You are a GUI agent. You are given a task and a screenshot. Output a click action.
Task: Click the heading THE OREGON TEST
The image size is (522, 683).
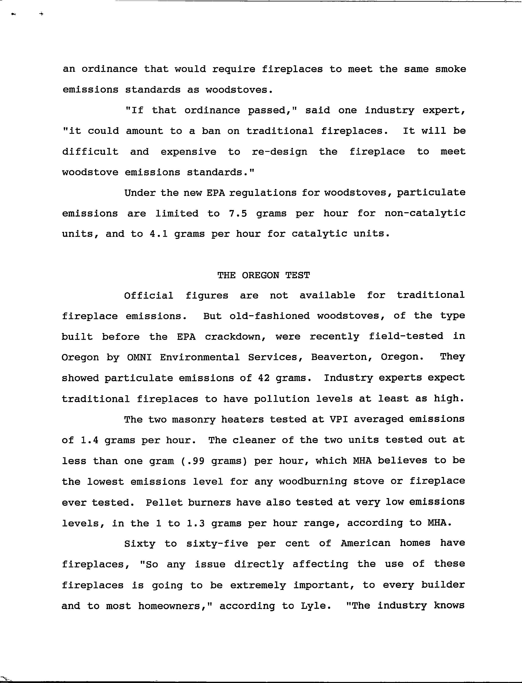[x=263, y=275]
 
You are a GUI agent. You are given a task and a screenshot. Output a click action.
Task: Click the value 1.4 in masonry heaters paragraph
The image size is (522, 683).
[x=89, y=440]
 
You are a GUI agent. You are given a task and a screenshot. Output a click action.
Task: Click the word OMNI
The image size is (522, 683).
[x=140, y=357]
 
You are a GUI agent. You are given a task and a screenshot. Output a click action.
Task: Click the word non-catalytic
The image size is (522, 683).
[x=425, y=214]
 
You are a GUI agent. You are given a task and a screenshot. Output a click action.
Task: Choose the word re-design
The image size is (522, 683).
[x=279, y=152]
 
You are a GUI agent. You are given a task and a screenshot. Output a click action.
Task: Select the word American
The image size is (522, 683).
[x=365, y=543]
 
